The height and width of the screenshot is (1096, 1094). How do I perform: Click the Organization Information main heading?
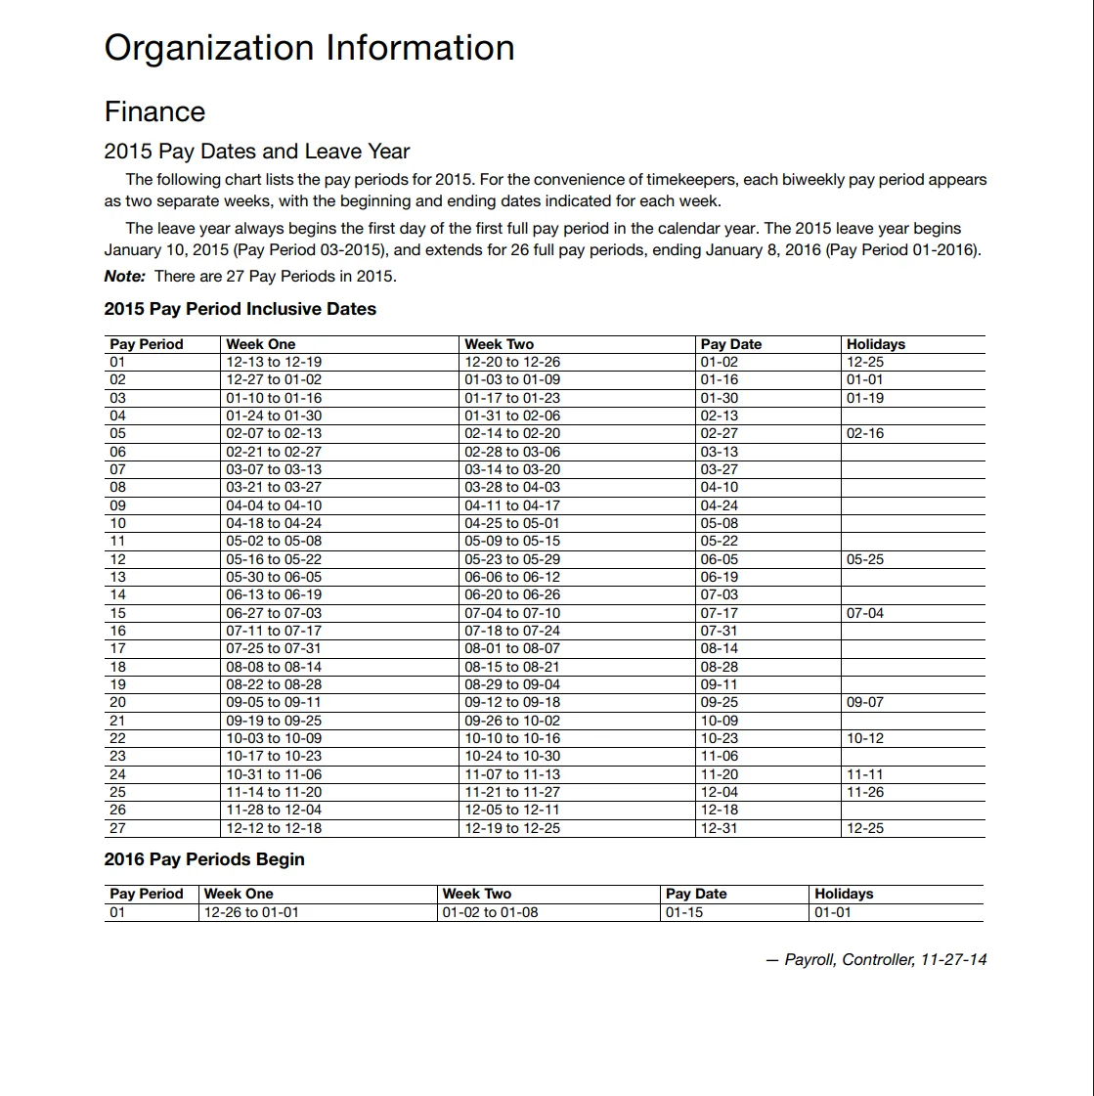point(309,48)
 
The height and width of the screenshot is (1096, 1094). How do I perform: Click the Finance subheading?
point(154,111)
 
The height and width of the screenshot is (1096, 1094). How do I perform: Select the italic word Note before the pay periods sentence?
point(123,276)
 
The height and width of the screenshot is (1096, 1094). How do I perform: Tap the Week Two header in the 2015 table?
point(499,344)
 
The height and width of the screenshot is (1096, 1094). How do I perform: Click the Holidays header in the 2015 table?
point(875,344)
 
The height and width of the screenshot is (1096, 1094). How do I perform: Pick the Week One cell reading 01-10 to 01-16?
point(274,398)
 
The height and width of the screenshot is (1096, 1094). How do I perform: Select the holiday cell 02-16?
point(864,433)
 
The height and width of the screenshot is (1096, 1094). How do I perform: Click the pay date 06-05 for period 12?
point(719,559)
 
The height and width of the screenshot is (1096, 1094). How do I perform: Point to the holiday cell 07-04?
point(864,613)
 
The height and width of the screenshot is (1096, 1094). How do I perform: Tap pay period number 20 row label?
point(117,702)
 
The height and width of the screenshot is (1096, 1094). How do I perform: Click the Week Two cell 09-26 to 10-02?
point(512,721)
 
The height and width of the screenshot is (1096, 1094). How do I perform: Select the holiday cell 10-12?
point(864,738)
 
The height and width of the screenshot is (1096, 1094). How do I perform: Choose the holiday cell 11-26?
point(864,792)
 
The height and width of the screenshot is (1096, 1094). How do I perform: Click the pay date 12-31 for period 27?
point(719,828)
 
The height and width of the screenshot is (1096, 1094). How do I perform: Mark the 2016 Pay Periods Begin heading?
point(204,859)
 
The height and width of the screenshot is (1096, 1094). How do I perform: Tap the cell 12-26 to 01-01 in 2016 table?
point(251,912)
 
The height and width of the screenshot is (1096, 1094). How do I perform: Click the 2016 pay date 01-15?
point(683,912)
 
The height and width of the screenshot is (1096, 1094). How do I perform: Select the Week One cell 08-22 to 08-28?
point(274,684)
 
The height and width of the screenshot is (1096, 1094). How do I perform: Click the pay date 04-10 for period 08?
point(719,487)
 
